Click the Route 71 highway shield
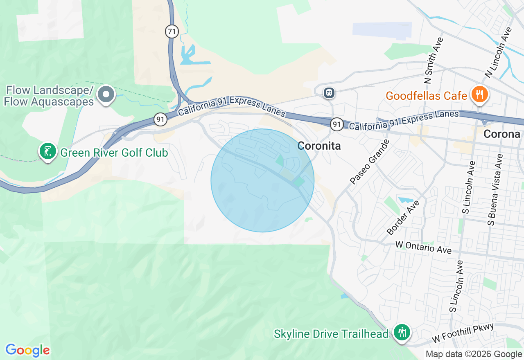(172, 31)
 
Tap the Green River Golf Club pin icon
(48, 151)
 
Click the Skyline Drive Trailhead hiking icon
(402, 332)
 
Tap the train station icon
(329, 93)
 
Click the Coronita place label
(319, 146)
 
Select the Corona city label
(501, 134)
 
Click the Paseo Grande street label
(369, 162)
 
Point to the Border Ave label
(403, 218)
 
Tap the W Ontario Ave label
(423, 247)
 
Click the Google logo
(27, 350)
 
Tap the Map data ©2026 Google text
(474, 354)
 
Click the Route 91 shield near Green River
(161, 119)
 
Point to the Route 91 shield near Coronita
(337, 124)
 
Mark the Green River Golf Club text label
(114, 153)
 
